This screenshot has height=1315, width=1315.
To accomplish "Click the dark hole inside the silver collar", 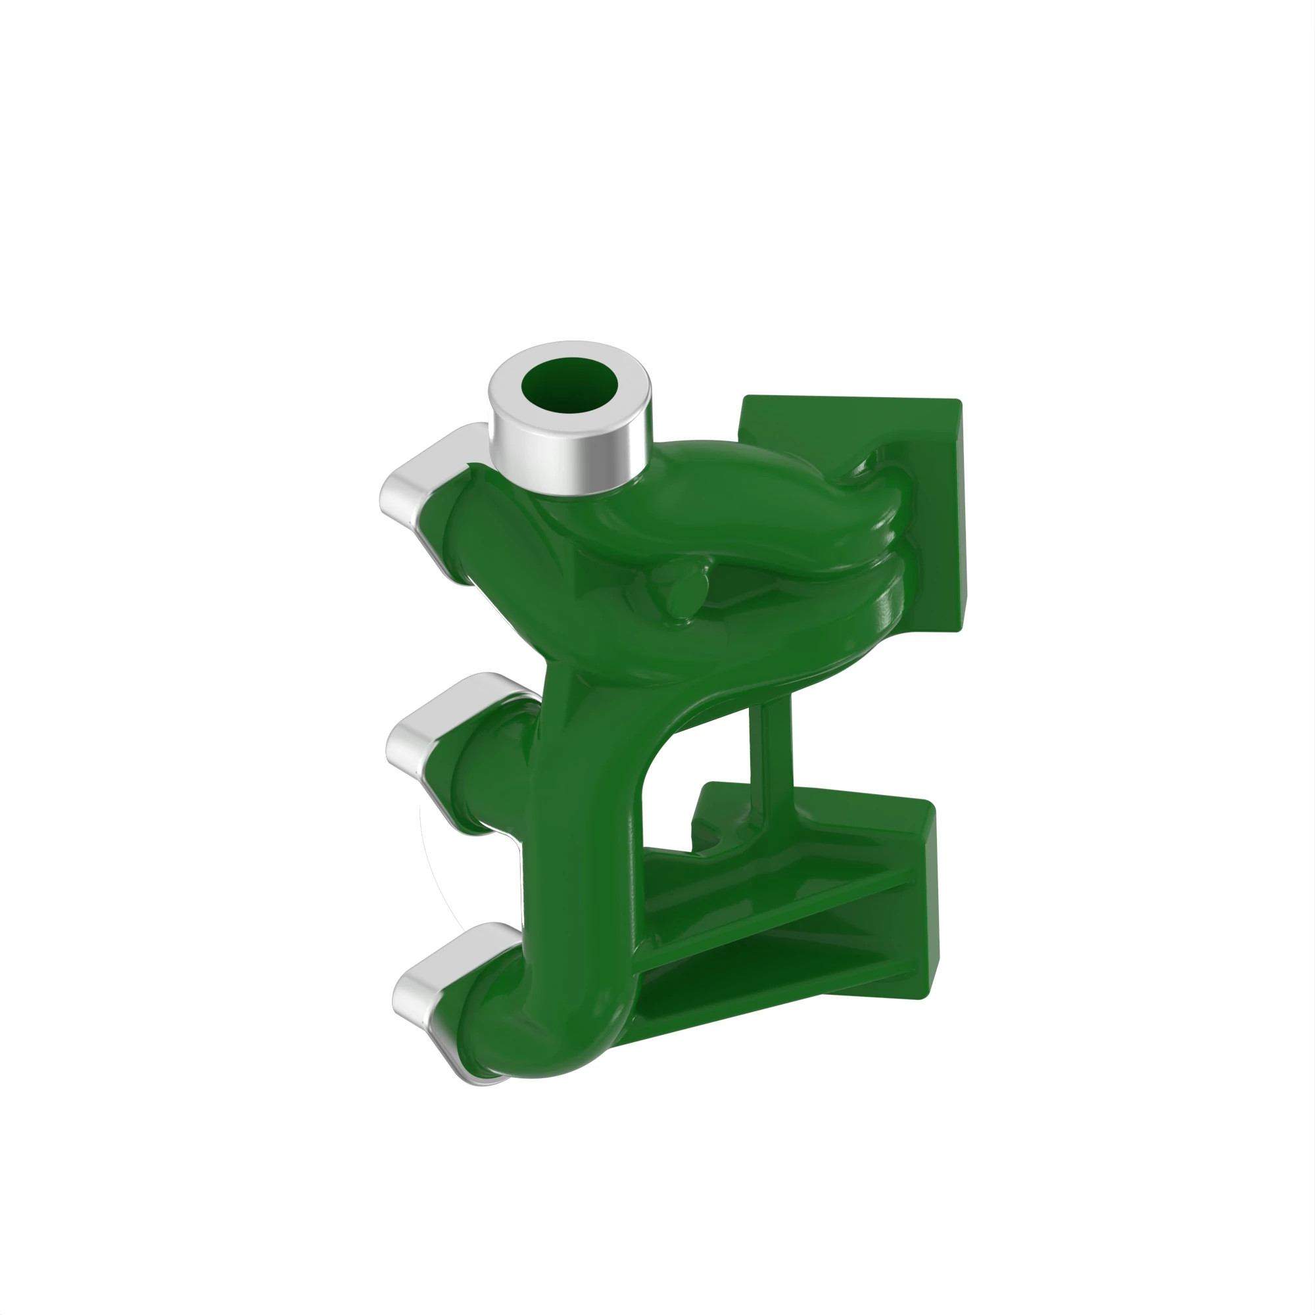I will [569, 386].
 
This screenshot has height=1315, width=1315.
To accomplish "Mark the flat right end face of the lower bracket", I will [925, 905].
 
